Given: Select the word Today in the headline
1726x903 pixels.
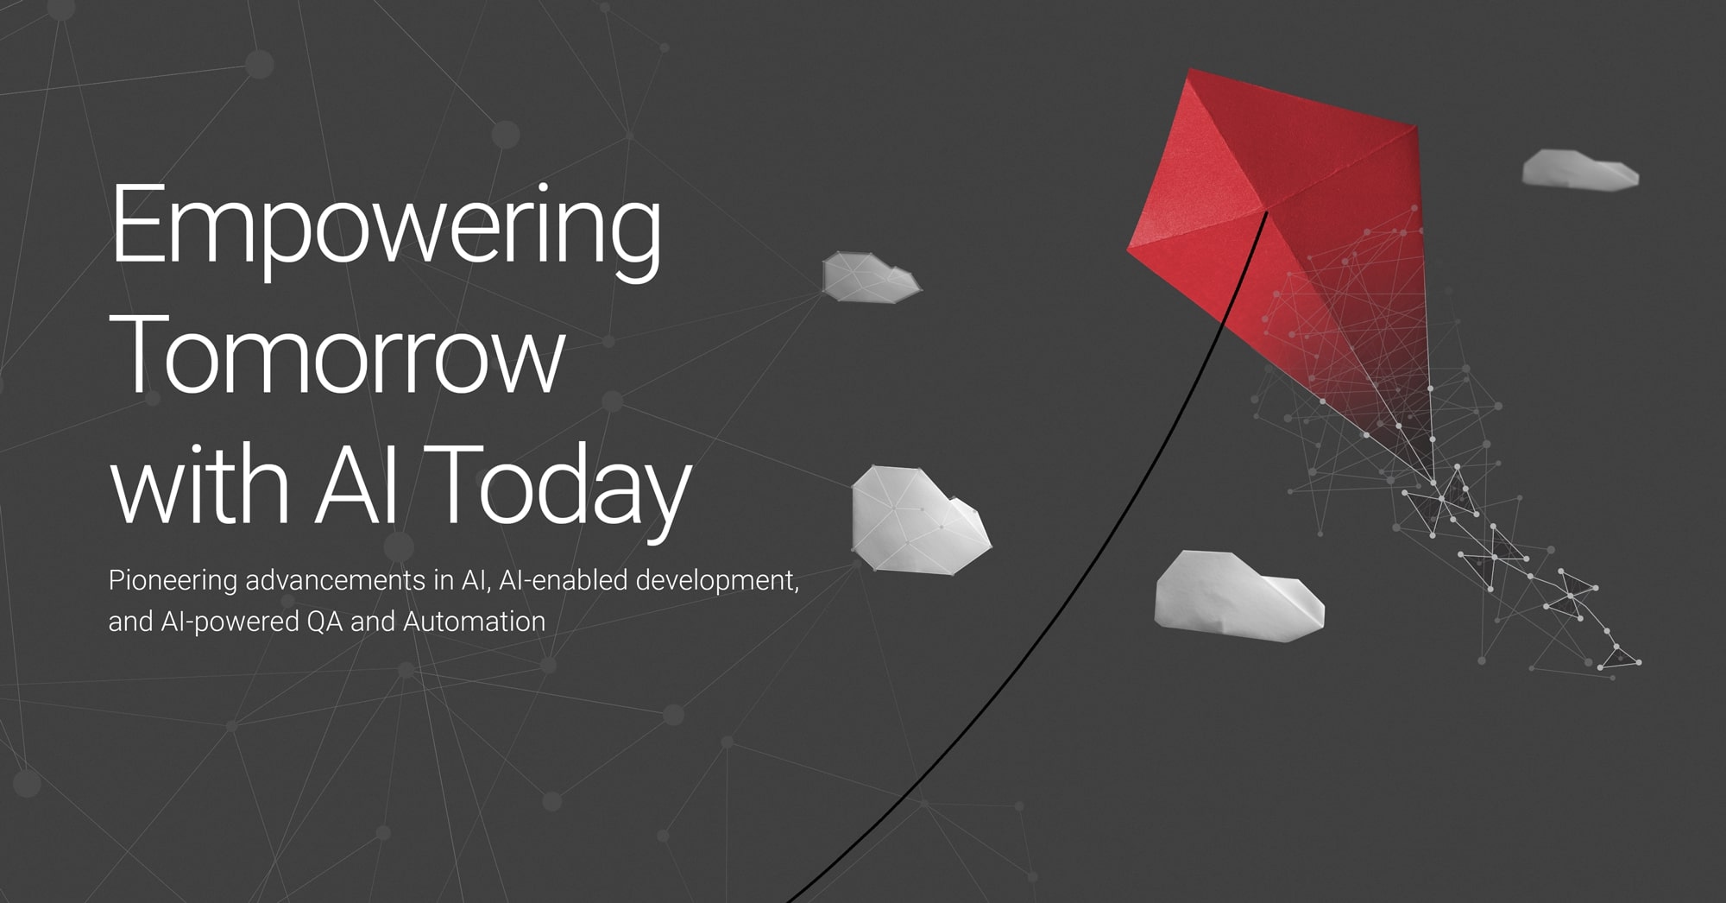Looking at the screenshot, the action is pyautogui.click(x=565, y=488).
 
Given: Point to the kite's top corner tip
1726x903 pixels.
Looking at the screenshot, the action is pyautogui.click(x=1191, y=69).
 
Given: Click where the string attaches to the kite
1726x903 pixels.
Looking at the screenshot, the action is pyautogui.click(x=1266, y=211).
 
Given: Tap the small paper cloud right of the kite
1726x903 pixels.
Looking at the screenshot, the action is pyautogui.click(x=1579, y=170).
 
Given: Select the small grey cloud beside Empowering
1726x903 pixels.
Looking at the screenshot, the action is pyautogui.click(x=870, y=277).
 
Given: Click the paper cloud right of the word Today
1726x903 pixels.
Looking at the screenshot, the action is pyautogui.click(x=919, y=520).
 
